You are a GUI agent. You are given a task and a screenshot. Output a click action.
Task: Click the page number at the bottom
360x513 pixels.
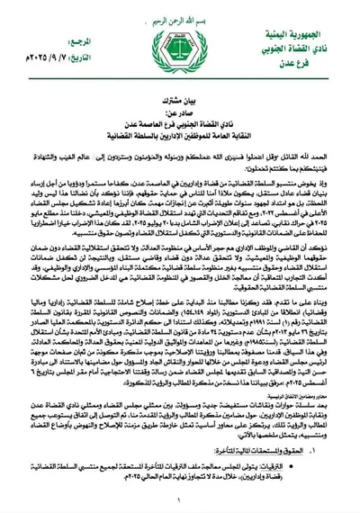coord(180,505)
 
